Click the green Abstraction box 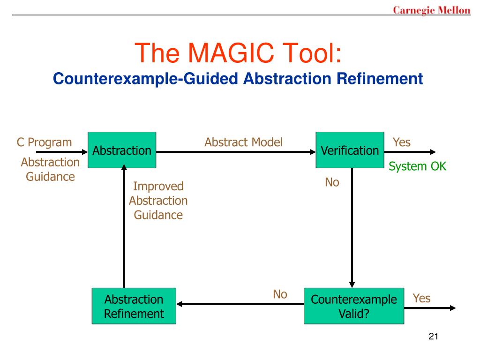[x=122, y=150]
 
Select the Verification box [x=350, y=150]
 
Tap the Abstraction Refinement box [x=134, y=306]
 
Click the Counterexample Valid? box [x=353, y=306]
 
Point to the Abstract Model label [x=243, y=142]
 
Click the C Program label [x=45, y=142]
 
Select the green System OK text [x=418, y=166]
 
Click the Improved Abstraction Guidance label [x=158, y=201]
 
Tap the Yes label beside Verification [x=402, y=142]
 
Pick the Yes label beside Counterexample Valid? [x=421, y=298]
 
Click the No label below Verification [x=332, y=182]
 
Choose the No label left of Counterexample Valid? [x=280, y=294]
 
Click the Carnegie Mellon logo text [x=431, y=10]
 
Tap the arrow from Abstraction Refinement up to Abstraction [x=124, y=225]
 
